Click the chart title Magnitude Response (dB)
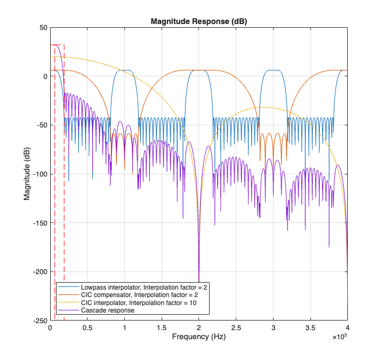click(x=199, y=21)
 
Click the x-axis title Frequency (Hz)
click(x=198, y=338)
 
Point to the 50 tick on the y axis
click(x=43, y=27)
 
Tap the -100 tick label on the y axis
click(x=39, y=174)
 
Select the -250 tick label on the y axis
click(x=39, y=321)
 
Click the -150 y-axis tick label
click(x=39, y=223)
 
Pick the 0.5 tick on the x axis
click(x=87, y=327)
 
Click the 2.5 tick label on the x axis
click(x=236, y=327)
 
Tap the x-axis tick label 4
click(x=348, y=327)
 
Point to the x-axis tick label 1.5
click(x=162, y=327)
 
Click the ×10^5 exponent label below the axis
click(x=340, y=337)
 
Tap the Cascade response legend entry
click(x=107, y=310)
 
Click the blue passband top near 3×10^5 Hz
click(x=273, y=70)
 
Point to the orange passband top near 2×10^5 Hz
click(x=199, y=70)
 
